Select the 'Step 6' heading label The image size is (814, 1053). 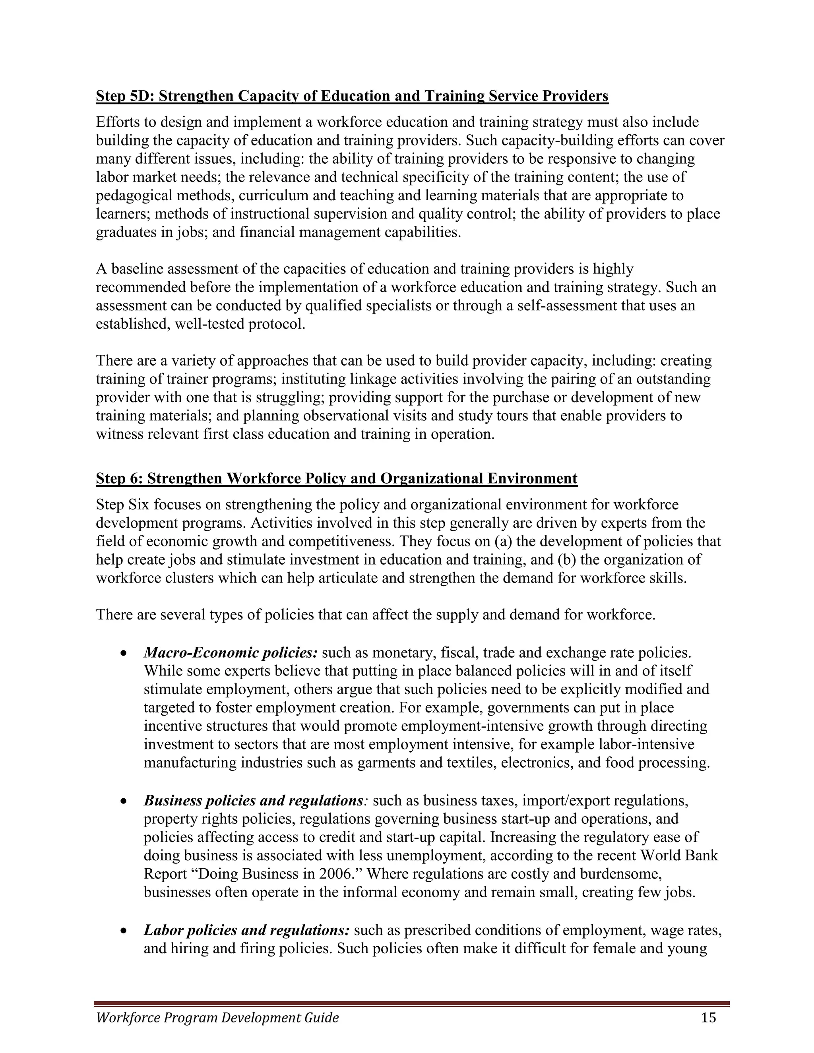coord(119,479)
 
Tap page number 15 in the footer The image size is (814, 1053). coord(709,1017)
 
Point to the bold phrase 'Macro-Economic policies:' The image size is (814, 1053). coord(231,653)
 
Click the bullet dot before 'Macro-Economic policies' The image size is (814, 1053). coord(124,654)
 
